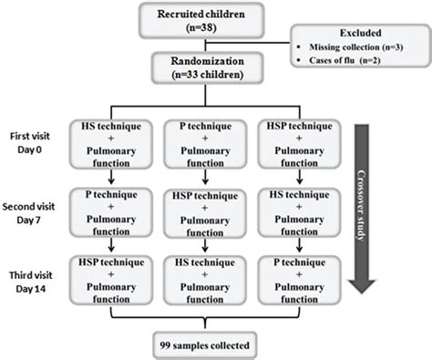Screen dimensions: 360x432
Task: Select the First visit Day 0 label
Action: (36, 144)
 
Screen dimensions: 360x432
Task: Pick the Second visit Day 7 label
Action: (36, 214)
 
